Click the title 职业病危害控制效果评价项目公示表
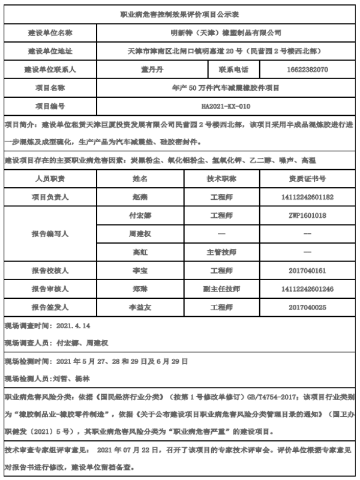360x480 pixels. [x=179, y=14]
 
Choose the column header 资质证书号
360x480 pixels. [x=307, y=179]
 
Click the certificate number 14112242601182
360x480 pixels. [x=307, y=197]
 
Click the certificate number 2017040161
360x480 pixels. [x=307, y=271]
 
